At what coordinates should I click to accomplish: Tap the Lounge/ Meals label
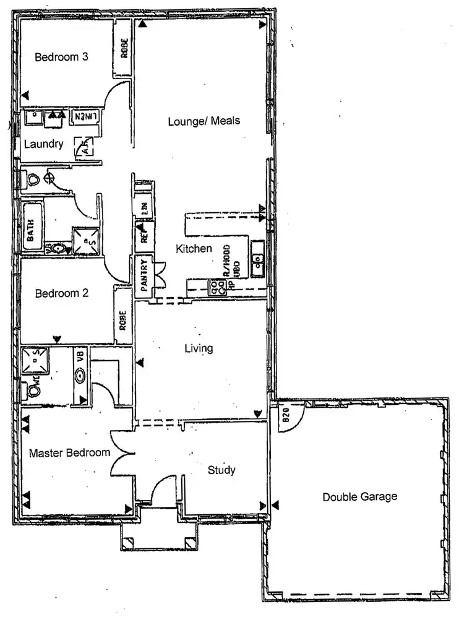point(204,121)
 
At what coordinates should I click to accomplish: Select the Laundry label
point(43,145)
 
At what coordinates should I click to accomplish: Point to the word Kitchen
point(194,249)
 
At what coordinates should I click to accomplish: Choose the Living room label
point(199,348)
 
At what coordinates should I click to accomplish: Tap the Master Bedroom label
point(70,452)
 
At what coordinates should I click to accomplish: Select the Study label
point(221,470)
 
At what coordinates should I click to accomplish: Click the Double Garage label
point(359,496)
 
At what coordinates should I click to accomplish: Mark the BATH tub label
point(29,227)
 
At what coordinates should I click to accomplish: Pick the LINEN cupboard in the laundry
point(87,116)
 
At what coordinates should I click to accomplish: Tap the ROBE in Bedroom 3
point(123,50)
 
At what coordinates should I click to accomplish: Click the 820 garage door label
point(286,413)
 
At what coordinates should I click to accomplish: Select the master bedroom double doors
point(123,453)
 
